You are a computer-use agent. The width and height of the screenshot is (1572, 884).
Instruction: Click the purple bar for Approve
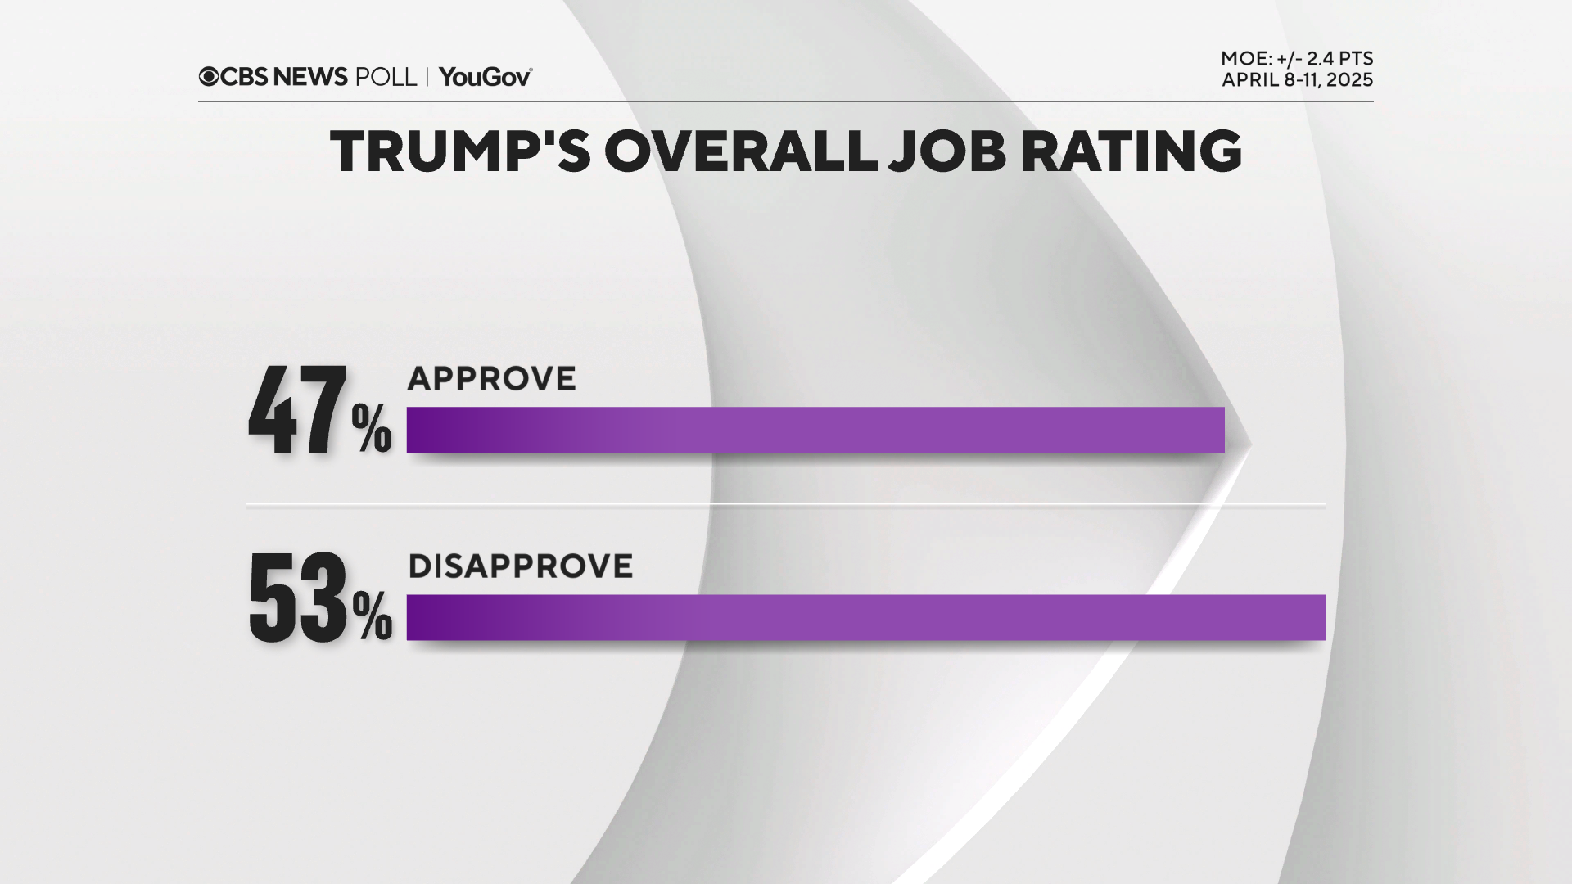coord(815,430)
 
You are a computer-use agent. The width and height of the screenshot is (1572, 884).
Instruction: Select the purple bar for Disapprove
coord(865,617)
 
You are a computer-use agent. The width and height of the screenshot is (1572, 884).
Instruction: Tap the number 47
coord(297,411)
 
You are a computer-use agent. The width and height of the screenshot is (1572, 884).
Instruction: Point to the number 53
coord(297,597)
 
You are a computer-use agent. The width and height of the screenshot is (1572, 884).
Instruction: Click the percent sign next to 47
coord(371,428)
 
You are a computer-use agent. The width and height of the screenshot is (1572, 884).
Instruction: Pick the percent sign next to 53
coord(373,616)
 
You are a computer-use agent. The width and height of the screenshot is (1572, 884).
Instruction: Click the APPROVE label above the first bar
coord(491,379)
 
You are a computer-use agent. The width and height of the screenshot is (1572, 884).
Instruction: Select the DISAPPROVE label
coord(520,566)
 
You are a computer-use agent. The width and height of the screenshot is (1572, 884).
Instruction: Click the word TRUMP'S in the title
coord(459,151)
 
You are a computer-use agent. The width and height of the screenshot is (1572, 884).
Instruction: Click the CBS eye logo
coord(209,77)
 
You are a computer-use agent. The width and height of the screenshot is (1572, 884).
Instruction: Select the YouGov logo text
coord(485,77)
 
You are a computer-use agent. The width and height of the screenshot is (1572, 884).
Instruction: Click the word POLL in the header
coord(386,77)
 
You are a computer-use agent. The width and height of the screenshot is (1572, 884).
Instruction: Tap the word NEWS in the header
coord(310,77)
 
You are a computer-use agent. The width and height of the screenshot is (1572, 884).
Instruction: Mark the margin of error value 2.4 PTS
coord(1339,59)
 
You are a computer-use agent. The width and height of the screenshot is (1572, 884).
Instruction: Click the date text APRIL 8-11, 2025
coord(1297,80)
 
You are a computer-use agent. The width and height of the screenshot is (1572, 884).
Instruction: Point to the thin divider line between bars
coord(785,505)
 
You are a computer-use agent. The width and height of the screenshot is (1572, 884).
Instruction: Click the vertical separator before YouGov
coord(427,77)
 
